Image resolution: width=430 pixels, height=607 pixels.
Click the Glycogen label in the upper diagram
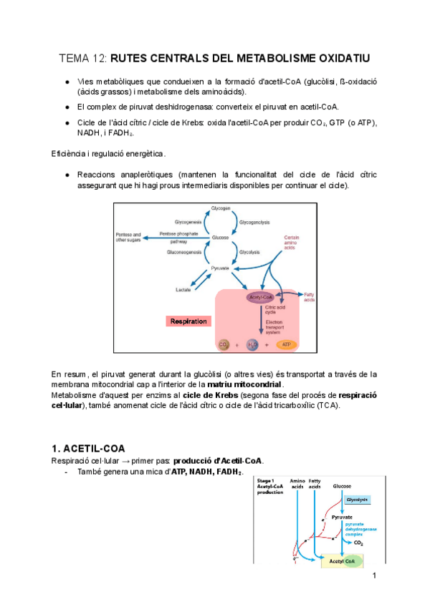tap(221, 208)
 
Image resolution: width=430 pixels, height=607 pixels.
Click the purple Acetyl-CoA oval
tap(260, 296)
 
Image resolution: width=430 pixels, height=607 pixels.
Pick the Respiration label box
tap(188, 321)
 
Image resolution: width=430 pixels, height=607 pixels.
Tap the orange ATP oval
tap(287, 344)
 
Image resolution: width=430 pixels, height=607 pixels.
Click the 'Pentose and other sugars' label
tap(129, 237)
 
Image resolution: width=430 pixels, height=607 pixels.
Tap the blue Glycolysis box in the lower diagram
tap(357, 499)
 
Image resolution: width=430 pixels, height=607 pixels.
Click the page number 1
tap(374, 575)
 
